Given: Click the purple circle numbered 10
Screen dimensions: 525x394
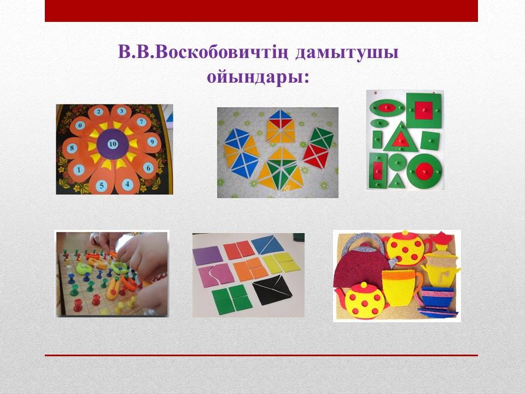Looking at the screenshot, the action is [x=113, y=144].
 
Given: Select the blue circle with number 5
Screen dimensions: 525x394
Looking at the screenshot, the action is [x=102, y=186].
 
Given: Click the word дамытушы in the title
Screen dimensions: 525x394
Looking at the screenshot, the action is [x=347, y=53].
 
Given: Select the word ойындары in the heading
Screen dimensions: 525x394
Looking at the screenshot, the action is [x=258, y=77].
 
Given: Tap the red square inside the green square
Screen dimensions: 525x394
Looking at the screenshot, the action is [x=424, y=110].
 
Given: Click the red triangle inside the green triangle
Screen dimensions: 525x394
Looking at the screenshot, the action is [x=400, y=140].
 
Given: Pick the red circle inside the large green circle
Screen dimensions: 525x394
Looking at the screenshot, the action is [x=424, y=171].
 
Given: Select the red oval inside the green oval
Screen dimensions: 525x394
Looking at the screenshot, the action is [x=386, y=108].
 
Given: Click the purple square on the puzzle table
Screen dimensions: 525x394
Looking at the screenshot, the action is [x=208, y=256].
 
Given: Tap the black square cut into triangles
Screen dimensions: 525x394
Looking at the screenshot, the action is [x=272, y=290].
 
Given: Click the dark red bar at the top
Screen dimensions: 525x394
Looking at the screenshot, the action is [x=261, y=11].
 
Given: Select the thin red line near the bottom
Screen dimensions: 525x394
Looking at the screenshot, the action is [x=261, y=355].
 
